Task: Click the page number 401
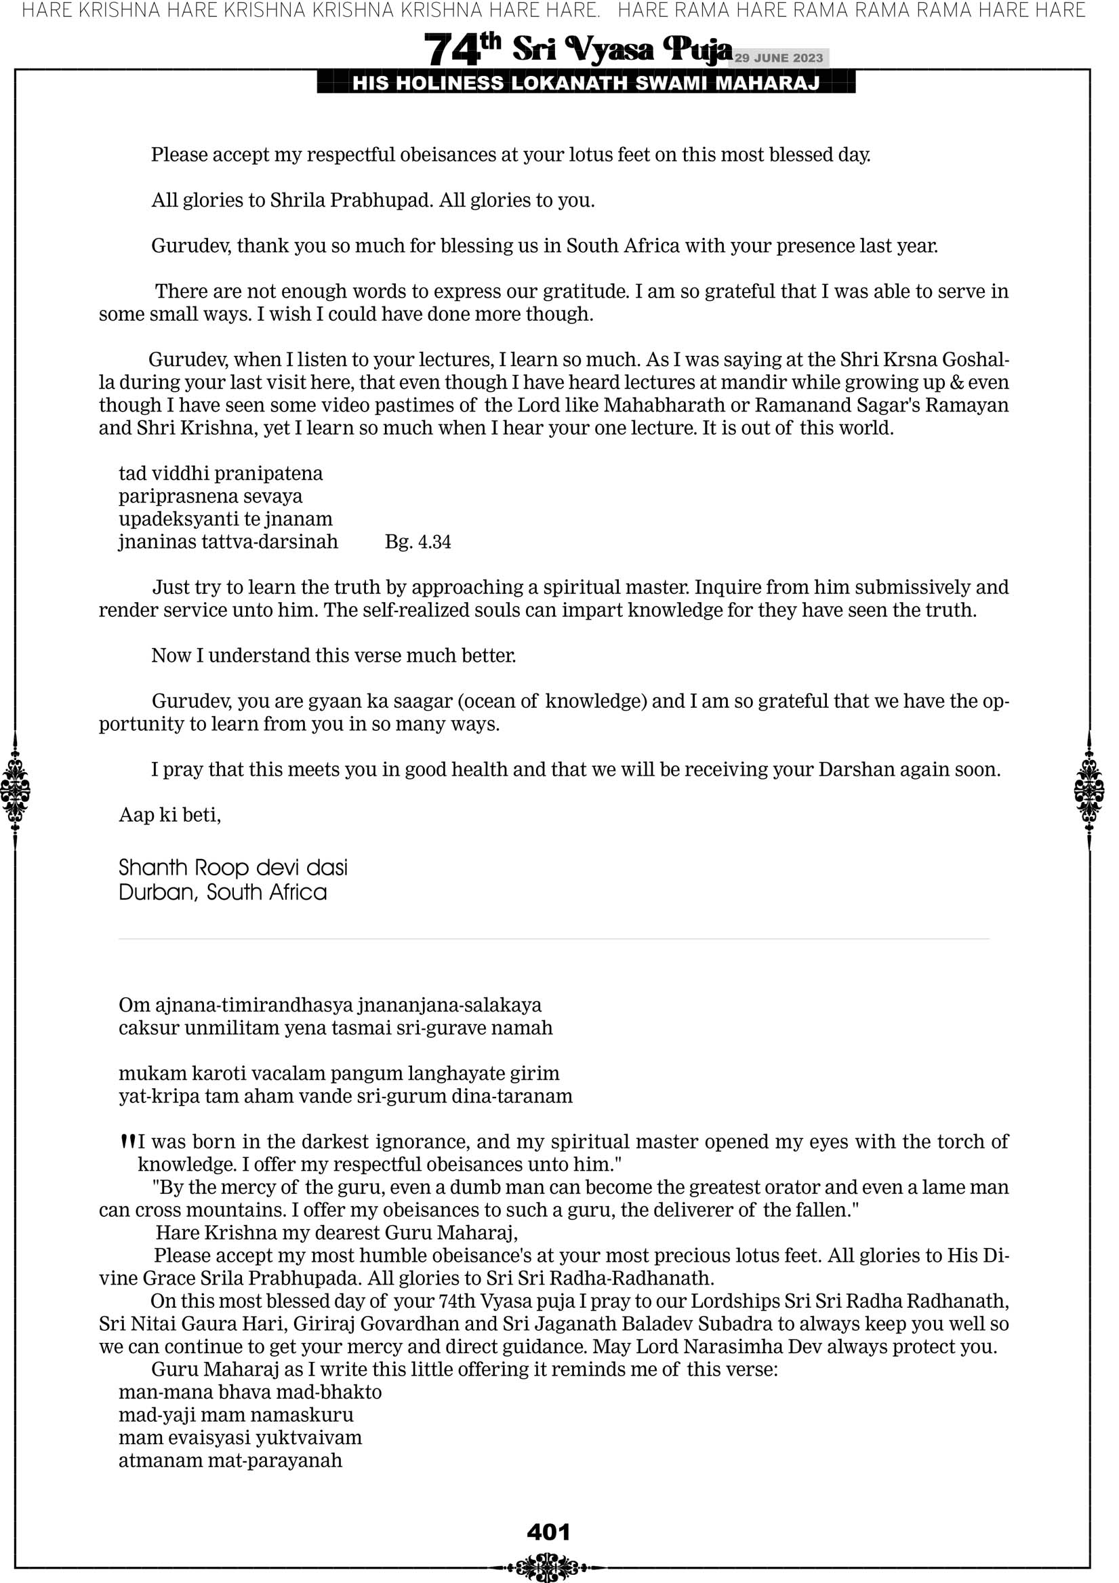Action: pyautogui.click(x=548, y=1531)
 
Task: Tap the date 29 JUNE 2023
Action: pyautogui.click(x=778, y=58)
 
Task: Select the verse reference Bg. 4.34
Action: pyautogui.click(x=418, y=542)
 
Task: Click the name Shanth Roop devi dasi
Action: pyautogui.click(x=233, y=867)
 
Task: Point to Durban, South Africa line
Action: pyautogui.click(x=223, y=892)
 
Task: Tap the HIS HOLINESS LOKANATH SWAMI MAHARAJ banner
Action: pyautogui.click(x=586, y=83)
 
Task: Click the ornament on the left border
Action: pyautogui.click(x=15, y=790)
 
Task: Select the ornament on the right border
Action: pyautogui.click(x=1089, y=790)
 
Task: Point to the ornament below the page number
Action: pyautogui.click(x=548, y=1566)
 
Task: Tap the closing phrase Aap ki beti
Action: pyautogui.click(x=169, y=815)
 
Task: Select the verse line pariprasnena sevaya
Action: pyautogui.click(x=210, y=496)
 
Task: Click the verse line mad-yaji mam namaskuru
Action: pyautogui.click(x=236, y=1415)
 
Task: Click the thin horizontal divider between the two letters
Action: pyautogui.click(x=554, y=939)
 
